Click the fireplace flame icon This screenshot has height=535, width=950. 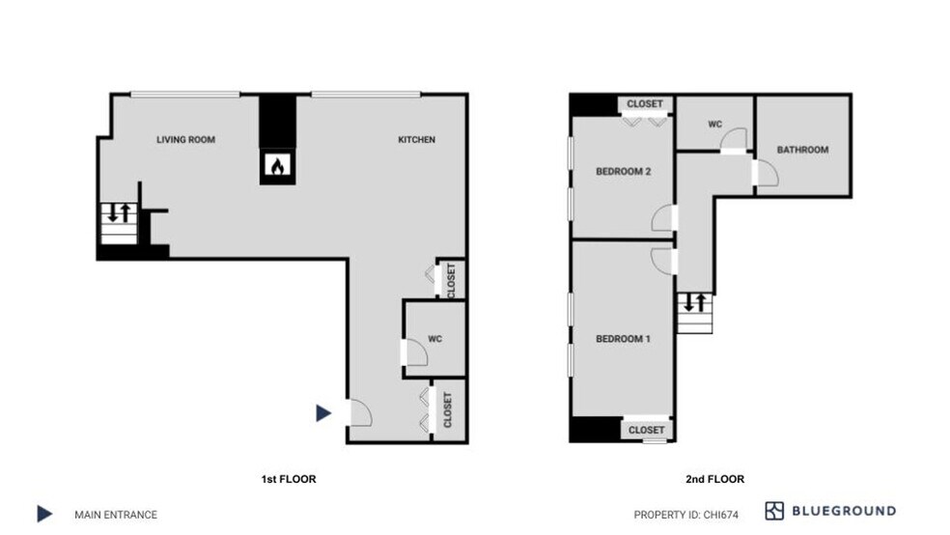click(x=276, y=167)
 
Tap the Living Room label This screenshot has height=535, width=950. click(x=185, y=140)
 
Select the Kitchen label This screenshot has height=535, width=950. click(x=417, y=140)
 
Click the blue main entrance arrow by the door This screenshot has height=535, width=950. click(x=323, y=413)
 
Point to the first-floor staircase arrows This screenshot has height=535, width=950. click(x=118, y=211)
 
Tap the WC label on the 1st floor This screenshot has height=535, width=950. click(x=434, y=338)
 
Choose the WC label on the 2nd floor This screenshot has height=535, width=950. click(x=715, y=125)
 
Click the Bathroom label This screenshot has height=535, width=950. click(x=802, y=150)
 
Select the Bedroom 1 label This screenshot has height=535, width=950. click(x=623, y=339)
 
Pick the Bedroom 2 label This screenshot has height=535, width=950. click(x=623, y=172)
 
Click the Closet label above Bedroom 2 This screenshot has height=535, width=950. click(x=645, y=104)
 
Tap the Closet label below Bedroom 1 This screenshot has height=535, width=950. click(x=646, y=430)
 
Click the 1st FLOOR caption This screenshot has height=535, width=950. click(x=290, y=479)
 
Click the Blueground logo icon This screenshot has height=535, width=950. click(x=774, y=511)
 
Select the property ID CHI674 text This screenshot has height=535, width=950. click(x=685, y=515)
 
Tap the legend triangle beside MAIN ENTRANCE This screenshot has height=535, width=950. click(x=44, y=514)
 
